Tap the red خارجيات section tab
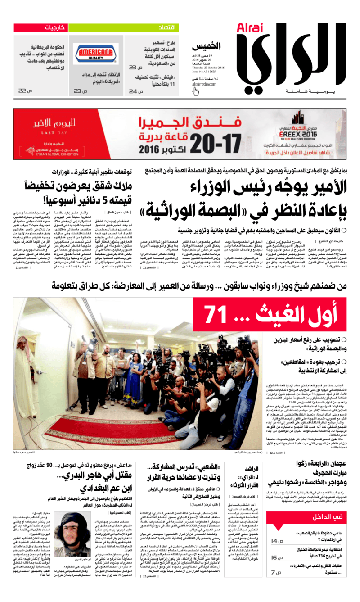coord(56,28)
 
